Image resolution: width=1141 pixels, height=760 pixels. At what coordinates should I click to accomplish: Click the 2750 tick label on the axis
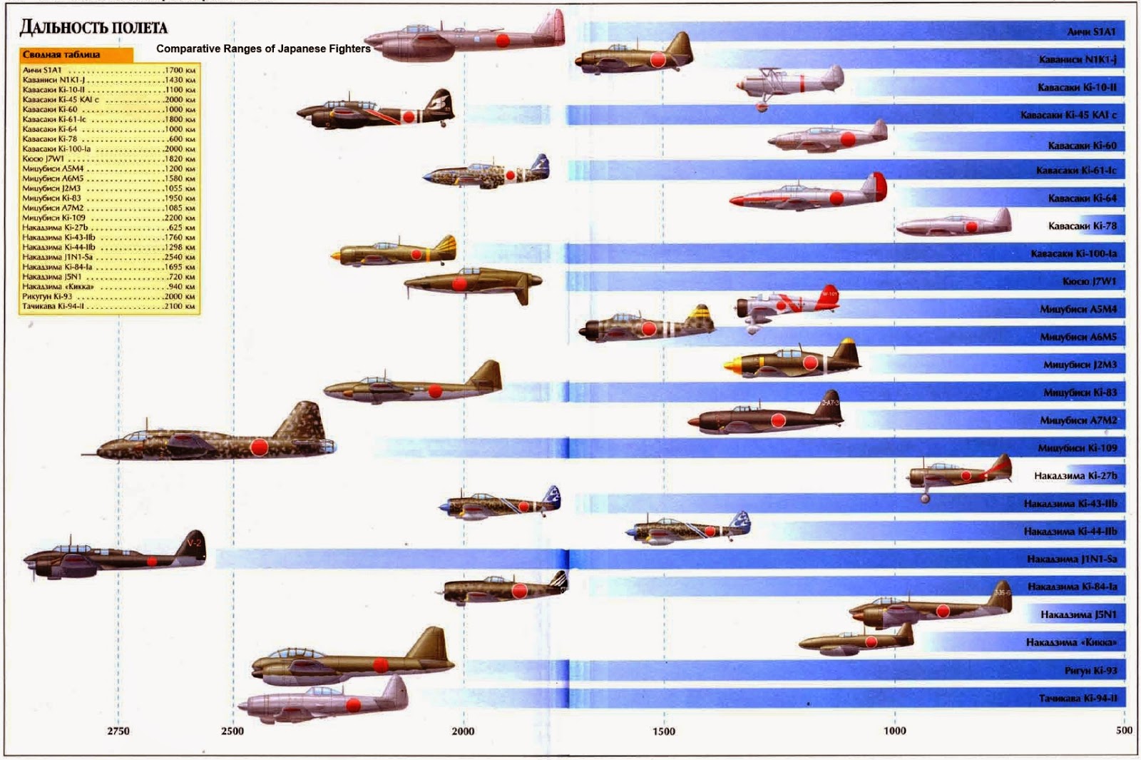118,731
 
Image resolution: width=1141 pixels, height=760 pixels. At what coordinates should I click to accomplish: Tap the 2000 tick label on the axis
463,731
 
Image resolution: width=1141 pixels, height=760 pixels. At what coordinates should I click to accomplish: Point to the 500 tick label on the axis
1124,730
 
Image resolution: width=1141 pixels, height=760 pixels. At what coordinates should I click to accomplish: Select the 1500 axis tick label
663,731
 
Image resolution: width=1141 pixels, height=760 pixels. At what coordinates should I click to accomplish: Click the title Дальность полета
93,28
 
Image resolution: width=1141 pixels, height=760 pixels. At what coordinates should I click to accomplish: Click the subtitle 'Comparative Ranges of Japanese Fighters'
263,49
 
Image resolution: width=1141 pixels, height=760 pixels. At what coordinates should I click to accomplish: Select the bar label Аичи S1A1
1091,32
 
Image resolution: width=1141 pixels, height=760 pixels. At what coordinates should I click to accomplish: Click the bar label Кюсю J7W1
1090,281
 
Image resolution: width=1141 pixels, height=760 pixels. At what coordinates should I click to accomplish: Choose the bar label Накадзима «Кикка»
1071,642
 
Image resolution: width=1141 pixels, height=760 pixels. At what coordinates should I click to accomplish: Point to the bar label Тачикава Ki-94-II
1078,698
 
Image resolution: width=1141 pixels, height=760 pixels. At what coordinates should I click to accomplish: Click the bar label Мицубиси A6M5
1078,337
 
